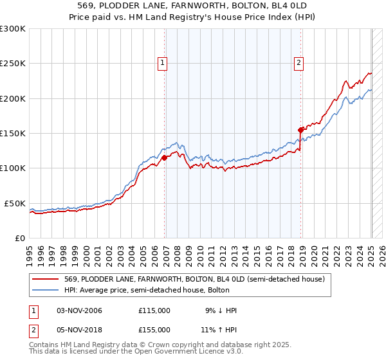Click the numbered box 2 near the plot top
point(300,62)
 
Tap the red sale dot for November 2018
point(300,130)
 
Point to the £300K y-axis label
point(12,29)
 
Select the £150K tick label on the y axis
point(12,134)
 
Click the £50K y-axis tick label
point(14,203)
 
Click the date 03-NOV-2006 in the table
point(79,310)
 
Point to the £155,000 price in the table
point(154,329)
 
